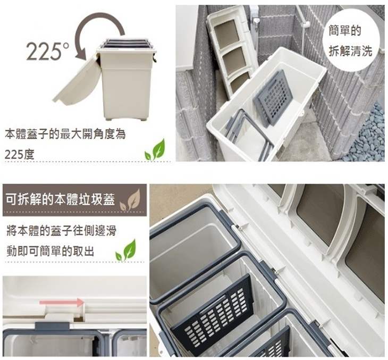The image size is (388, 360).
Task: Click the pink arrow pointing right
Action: (62, 303)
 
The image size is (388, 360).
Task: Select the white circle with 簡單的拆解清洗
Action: (350, 41)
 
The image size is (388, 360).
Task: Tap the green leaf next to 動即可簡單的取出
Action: (126, 250)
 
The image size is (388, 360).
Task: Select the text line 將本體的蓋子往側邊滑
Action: (61, 231)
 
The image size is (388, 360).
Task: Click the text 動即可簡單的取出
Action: (50, 252)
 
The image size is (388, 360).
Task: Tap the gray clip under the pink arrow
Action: (52, 325)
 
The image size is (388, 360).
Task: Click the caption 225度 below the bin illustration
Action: (20, 155)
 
